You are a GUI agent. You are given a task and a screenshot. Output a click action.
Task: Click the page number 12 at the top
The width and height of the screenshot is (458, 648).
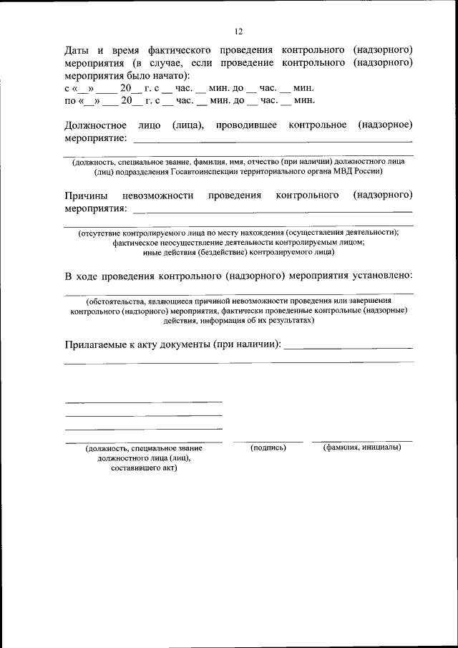(238, 32)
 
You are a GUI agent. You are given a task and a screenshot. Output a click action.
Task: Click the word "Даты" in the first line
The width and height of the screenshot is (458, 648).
(77, 50)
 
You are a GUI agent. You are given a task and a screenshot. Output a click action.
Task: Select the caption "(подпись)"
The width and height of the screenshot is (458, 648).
(268, 448)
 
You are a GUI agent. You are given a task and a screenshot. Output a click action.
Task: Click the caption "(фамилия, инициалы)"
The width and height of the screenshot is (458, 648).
(361, 448)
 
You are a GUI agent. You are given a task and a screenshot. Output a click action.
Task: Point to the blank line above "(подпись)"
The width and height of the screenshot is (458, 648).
(268, 441)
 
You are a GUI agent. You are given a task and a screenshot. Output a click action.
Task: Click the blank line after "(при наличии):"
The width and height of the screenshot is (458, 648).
(349, 348)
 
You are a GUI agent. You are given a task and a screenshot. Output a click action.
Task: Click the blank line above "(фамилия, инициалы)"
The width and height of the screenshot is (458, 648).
(361, 441)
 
